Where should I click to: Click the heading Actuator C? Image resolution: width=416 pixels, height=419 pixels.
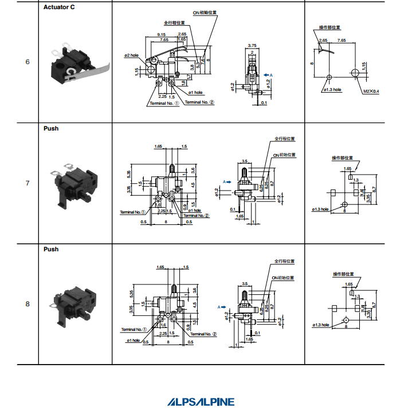coord(59,7)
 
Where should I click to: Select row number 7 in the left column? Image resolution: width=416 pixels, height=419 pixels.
coord(28,183)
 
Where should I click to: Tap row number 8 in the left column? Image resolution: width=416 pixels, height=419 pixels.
coord(28,304)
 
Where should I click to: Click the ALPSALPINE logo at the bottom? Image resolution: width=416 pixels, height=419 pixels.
coord(201,402)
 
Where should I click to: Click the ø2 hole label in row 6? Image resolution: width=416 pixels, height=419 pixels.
coord(131,56)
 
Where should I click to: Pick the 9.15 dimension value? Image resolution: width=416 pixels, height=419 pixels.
coord(160,35)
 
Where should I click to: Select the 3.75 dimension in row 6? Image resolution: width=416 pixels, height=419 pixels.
coord(252,45)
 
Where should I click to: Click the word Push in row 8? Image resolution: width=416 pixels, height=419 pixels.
coord(51,250)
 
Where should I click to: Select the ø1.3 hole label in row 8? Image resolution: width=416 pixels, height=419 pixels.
coord(320,325)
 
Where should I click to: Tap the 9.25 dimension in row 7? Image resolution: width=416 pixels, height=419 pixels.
coord(266,184)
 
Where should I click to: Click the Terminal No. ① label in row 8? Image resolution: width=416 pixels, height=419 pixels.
coord(134,330)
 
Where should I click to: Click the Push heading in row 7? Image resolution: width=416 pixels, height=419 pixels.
coord(51,129)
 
